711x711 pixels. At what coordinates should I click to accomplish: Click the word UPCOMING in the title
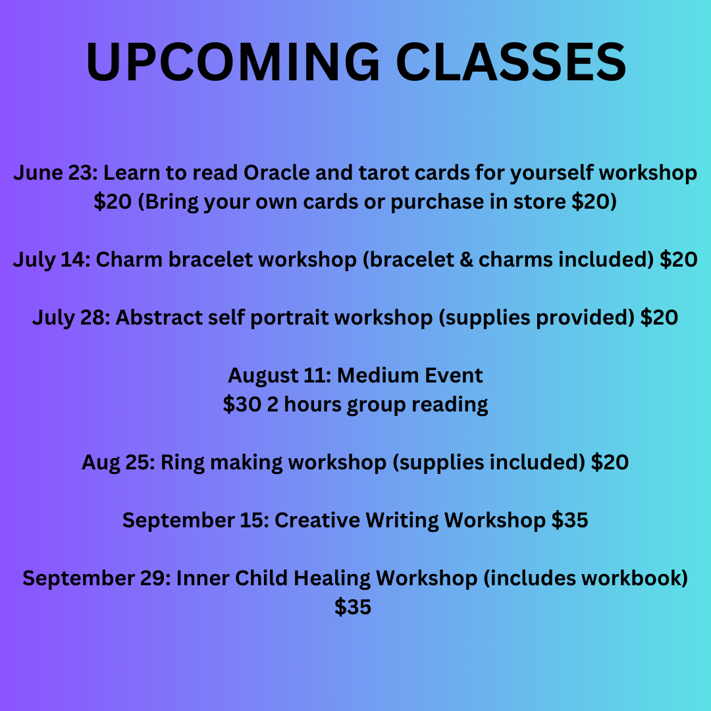point(232,61)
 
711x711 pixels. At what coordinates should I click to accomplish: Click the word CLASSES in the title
point(511,61)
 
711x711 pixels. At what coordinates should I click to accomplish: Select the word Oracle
point(276,172)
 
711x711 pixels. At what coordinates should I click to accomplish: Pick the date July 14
point(51,260)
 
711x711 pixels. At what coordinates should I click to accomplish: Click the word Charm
point(129,260)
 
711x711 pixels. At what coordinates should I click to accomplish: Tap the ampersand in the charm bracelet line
point(466,260)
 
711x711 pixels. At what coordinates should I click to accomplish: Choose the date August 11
point(279,376)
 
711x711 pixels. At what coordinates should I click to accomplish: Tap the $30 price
point(242,404)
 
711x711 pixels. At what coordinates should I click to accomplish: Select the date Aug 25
point(118,463)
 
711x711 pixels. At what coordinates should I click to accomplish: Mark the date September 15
point(196,521)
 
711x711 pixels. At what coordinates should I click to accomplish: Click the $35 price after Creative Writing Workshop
point(569,521)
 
